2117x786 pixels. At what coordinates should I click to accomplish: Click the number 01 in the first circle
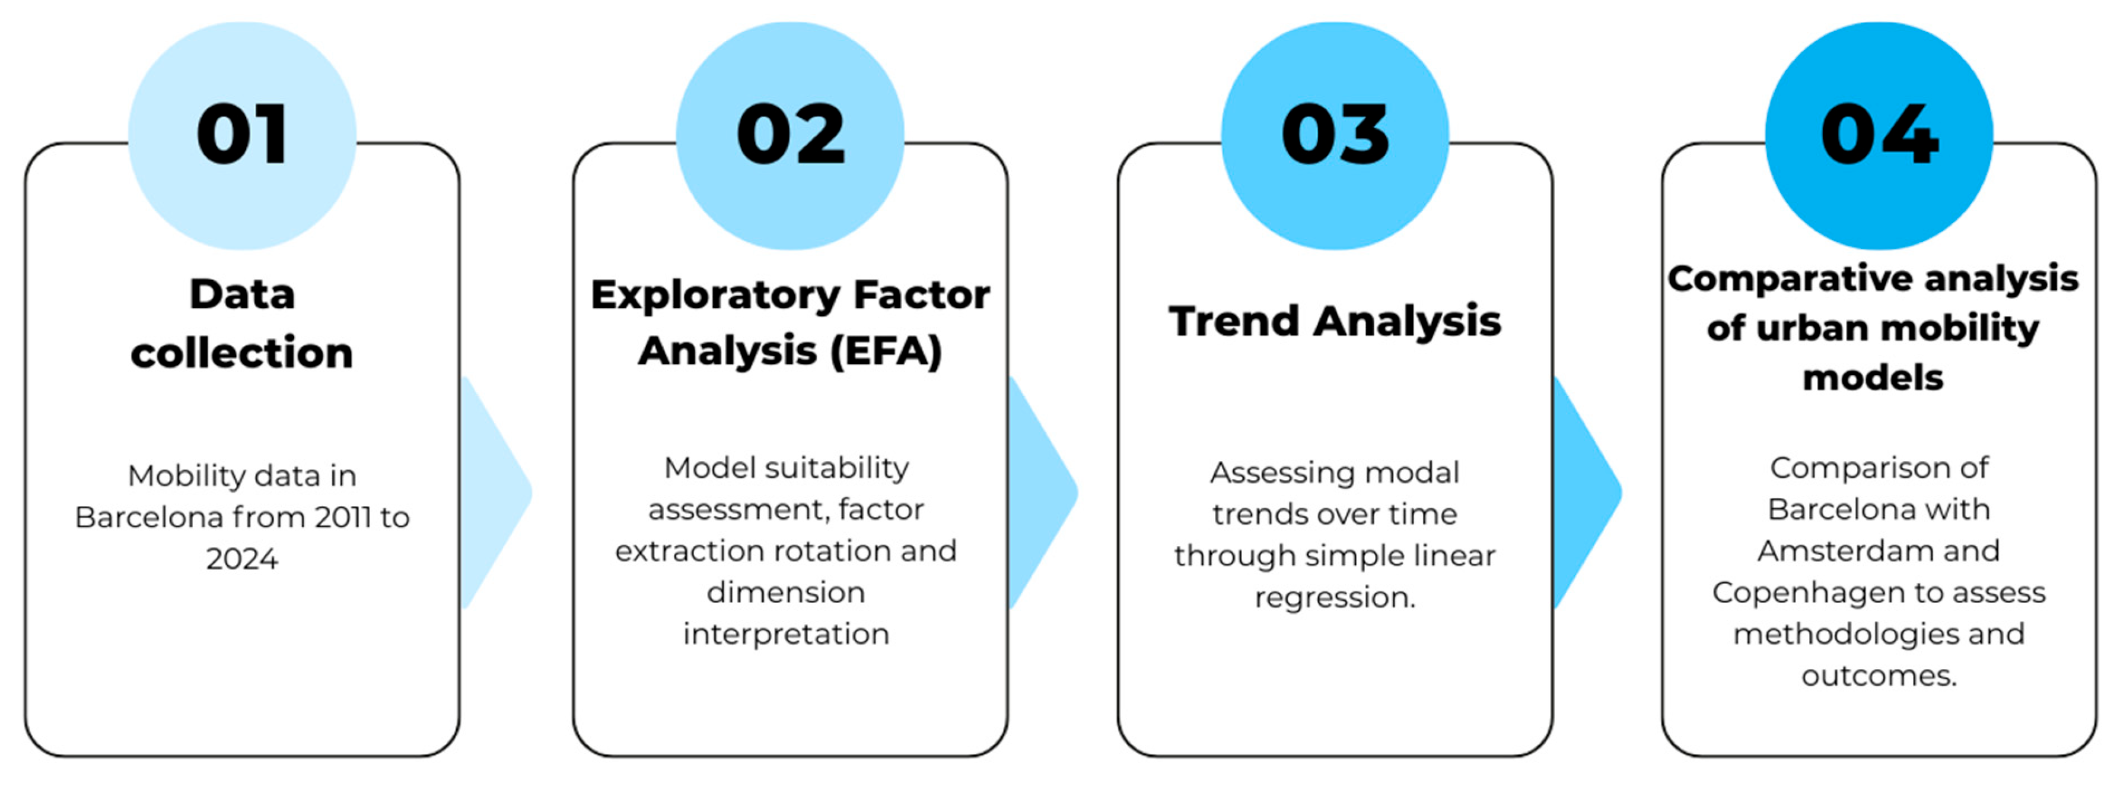[x=243, y=134]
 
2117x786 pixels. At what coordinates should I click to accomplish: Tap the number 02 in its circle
[x=791, y=134]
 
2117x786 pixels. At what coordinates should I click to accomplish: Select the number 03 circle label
[x=1335, y=134]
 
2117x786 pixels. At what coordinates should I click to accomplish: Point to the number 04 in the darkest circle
[x=1880, y=134]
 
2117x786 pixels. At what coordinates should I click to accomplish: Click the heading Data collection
[x=243, y=323]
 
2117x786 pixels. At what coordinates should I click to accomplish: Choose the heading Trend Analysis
[x=1335, y=321]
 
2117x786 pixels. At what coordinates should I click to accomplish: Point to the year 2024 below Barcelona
[x=243, y=559]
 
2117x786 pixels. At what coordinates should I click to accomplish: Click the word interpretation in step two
[x=787, y=635]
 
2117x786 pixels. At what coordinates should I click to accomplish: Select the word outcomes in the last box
[x=1880, y=676]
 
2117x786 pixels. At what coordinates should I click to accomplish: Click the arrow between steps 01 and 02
[x=493, y=493]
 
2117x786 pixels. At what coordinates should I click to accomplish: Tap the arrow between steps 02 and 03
[x=1040, y=493]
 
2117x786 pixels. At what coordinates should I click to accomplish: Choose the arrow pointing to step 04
[x=1586, y=493]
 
